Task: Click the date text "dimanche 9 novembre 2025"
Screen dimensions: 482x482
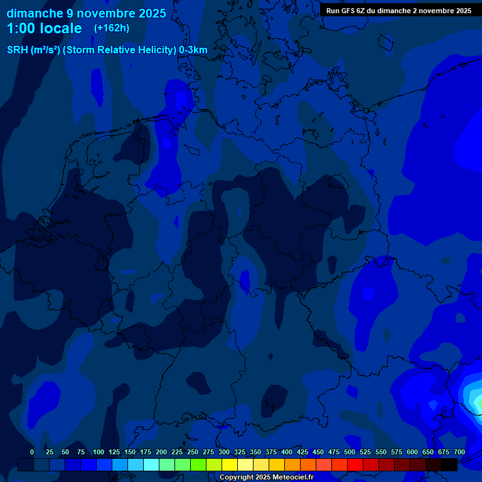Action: coord(86,13)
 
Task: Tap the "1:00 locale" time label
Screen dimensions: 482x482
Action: coord(44,28)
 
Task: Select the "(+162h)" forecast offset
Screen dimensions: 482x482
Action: coord(112,28)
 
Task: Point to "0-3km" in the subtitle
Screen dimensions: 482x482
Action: coord(193,50)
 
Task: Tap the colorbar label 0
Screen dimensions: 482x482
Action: coord(32,452)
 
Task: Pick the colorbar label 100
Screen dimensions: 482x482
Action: coord(99,452)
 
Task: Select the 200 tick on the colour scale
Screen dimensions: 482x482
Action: coord(161,452)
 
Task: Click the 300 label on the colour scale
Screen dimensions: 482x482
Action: coord(224,452)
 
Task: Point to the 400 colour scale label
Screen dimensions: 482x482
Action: coord(287,452)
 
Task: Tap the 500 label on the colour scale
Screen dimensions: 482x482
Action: coord(350,452)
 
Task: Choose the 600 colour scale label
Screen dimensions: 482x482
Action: coord(412,452)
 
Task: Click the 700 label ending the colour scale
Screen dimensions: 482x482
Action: coord(459,452)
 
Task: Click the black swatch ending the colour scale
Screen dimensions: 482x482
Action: coord(449,464)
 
